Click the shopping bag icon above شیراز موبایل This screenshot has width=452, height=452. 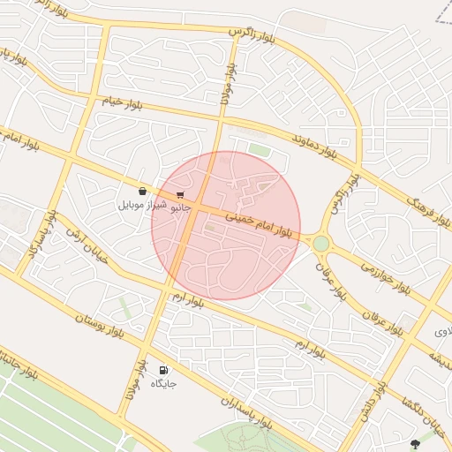coord(142,191)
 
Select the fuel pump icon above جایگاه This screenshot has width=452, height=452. coord(163,370)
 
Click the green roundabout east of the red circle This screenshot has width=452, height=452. coord(320,243)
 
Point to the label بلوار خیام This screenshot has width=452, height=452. coord(121,103)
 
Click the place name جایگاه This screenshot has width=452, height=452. coord(163,384)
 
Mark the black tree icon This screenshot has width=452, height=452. coord(416,444)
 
